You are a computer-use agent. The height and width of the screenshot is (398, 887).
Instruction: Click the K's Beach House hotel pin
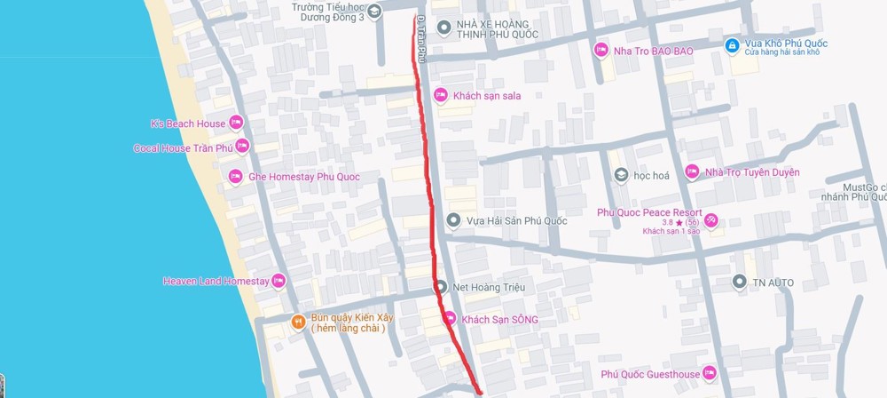(x=235, y=123)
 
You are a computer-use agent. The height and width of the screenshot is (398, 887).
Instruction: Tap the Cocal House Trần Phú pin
(x=241, y=147)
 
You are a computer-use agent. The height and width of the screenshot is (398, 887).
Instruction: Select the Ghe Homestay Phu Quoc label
(x=303, y=177)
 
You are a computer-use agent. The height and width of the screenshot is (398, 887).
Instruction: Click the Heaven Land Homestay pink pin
(x=279, y=281)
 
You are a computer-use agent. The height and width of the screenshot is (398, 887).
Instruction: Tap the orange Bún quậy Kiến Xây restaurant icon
(x=298, y=322)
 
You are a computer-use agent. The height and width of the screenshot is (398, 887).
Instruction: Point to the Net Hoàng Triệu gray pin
(x=440, y=287)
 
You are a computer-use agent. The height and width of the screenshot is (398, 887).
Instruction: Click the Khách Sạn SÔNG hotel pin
(x=450, y=319)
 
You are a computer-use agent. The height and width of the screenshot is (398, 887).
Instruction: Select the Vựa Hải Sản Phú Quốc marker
(x=453, y=220)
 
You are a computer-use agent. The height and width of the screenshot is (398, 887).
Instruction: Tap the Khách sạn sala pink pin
(x=440, y=95)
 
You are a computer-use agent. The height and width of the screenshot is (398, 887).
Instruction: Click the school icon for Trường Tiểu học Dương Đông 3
(x=374, y=12)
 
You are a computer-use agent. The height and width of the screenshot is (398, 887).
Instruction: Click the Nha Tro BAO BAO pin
(x=600, y=51)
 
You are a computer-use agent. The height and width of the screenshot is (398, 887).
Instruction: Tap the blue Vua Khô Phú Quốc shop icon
(x=731, y=45)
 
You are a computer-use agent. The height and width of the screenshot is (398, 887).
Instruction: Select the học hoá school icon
(x=621, y=175)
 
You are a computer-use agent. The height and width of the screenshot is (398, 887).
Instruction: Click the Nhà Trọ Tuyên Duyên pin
(x=692, y=171)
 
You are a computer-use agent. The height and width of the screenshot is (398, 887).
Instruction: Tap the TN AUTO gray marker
(x=738, y=283)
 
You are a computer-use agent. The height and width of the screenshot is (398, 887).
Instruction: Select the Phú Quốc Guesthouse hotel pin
(x=709, y=374)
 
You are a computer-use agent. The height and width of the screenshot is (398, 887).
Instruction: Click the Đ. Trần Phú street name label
(x=422, y=40)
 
